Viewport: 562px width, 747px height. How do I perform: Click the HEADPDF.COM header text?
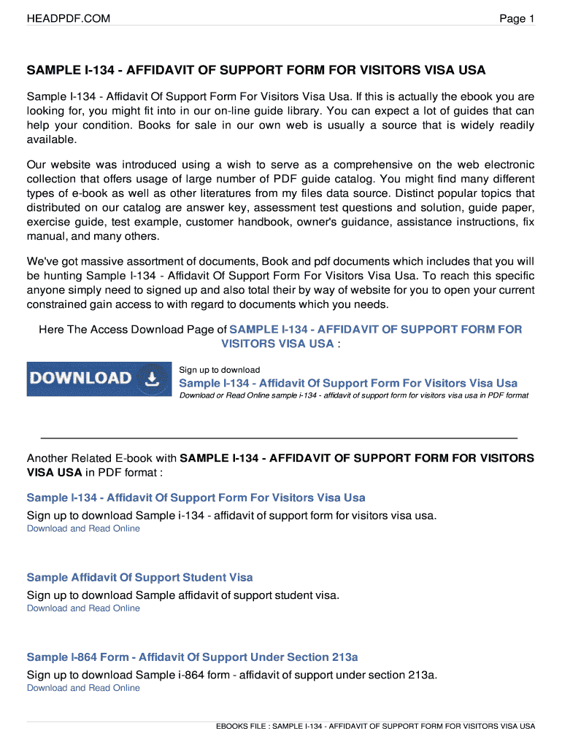69,18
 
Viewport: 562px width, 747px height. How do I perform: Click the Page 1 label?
517,18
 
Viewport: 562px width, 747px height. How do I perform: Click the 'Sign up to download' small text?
220,370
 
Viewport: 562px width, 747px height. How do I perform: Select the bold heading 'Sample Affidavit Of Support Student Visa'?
140,577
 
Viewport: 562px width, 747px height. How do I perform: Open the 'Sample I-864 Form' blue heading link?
193,657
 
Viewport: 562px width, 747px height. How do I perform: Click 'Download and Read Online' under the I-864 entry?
83,688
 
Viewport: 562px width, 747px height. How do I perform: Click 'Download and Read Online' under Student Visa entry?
83,608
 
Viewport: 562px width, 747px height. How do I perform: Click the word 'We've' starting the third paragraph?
42,261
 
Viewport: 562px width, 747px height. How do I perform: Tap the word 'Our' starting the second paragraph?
36,165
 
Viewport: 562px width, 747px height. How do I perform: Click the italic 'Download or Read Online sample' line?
354,395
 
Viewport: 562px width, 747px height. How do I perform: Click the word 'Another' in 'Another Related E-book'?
47,458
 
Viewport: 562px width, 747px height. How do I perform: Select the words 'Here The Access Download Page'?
127,330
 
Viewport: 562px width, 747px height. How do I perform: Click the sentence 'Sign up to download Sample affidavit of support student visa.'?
183,595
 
